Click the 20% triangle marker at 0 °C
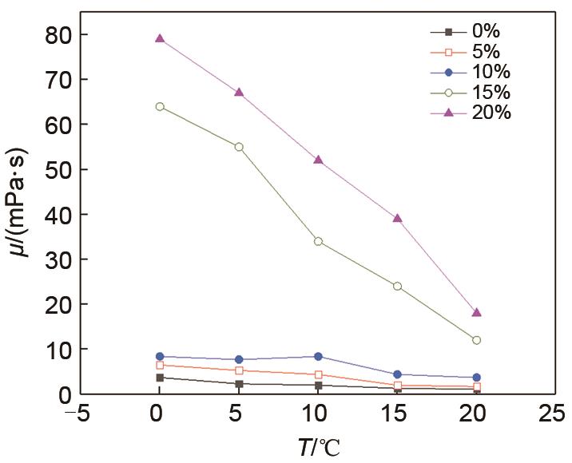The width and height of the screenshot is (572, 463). point(160,38)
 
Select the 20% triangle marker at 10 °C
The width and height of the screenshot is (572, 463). point(318,160)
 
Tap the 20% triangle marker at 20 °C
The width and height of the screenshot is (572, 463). point(477,312)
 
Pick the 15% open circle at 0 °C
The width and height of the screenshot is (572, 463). point(160,106)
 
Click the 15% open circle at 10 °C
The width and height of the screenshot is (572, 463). point(318,241)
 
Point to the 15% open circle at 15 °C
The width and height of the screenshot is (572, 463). point(397,286)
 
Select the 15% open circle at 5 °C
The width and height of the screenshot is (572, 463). point(239,147)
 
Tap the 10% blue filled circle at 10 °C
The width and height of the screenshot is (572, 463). point(318,357)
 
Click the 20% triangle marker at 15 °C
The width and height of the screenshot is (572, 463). point(397,218)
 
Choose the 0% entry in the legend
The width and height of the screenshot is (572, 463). point(486,32)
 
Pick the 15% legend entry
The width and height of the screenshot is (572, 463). point(491,93)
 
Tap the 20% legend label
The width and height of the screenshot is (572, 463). point(491,113)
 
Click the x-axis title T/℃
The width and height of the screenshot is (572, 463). point(319,448)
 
